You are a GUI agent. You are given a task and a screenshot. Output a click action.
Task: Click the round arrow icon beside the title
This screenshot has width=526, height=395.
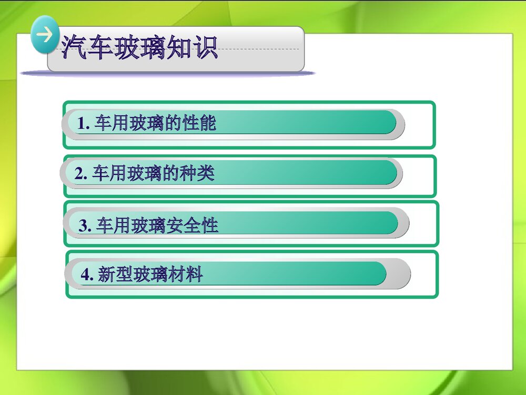point(45,35)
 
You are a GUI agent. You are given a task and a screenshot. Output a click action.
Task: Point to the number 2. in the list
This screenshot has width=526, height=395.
point(81,174)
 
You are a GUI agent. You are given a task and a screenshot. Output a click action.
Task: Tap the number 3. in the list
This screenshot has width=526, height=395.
point(85,226)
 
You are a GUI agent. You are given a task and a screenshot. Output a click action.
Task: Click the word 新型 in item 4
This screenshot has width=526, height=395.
point(115,275)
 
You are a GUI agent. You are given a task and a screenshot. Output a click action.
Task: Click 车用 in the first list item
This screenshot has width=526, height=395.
point(111,124)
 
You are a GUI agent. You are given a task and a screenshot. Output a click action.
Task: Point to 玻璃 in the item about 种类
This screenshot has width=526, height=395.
point(144,174)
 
